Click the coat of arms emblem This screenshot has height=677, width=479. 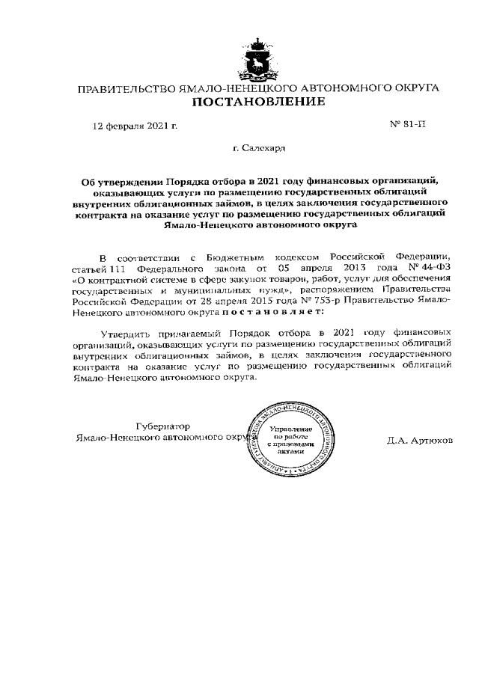(x=258, y=57)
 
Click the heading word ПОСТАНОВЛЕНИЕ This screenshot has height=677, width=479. (x=258, y=102)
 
